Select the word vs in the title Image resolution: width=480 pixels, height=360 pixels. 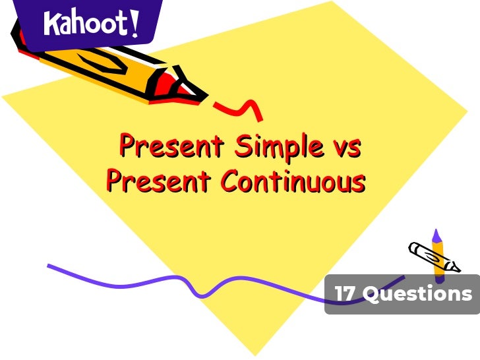tap(345, 146)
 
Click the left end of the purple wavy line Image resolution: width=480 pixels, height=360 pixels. tap(50, 266)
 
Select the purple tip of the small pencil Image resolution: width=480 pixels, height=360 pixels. tap(436, 236)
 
